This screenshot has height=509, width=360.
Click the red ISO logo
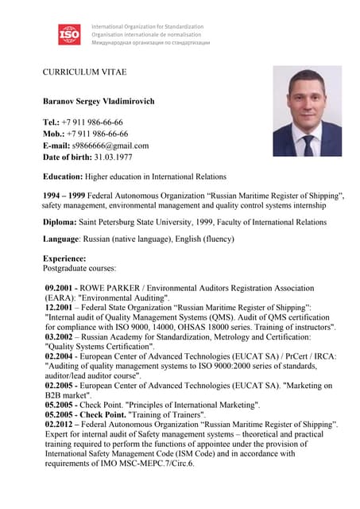point(69,34)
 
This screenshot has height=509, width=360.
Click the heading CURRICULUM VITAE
point(84,72)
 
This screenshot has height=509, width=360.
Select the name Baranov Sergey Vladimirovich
point(99,102)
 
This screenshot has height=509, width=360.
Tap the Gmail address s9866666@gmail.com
point(110,146)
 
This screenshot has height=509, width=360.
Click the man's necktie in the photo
point(308,144)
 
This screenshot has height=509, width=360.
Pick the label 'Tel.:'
point(51,122)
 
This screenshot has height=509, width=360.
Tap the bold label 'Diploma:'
point(60,223)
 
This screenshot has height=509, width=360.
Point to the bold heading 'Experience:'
point(64,258)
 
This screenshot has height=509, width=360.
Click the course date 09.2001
point(60,288)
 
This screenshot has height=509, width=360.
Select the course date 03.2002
point(60,336)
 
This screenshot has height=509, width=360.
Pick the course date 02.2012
point(60,425)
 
